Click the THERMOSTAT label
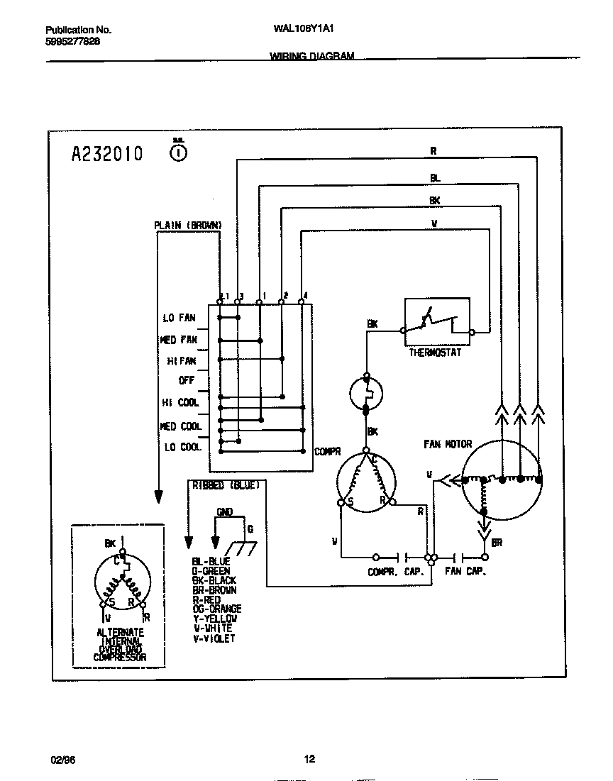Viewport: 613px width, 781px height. pos(435,353)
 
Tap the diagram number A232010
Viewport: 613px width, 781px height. pos(107,153)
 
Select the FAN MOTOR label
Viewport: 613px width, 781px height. pos(448,444)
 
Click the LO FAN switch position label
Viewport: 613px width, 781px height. pos(179,319)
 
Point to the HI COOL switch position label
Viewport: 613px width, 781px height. pos(180,402)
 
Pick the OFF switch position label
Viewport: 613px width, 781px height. pos(187,380)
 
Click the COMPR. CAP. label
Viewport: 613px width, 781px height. pos(395,572)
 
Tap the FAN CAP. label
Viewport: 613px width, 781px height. pos(465,572)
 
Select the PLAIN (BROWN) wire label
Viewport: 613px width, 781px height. pos(188,226)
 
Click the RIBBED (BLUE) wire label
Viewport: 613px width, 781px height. pos(226,485)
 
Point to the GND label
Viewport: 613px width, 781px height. pos(224,511)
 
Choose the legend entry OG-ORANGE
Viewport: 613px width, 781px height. pos(217,609)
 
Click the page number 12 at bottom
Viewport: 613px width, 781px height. pos(309,760)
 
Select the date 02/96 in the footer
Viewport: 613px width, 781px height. pos(62,760)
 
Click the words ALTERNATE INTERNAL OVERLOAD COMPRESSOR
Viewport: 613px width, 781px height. pos(120,645)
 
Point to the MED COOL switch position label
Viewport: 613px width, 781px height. pos(181,426)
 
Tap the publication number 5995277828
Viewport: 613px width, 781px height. pos(72,41)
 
